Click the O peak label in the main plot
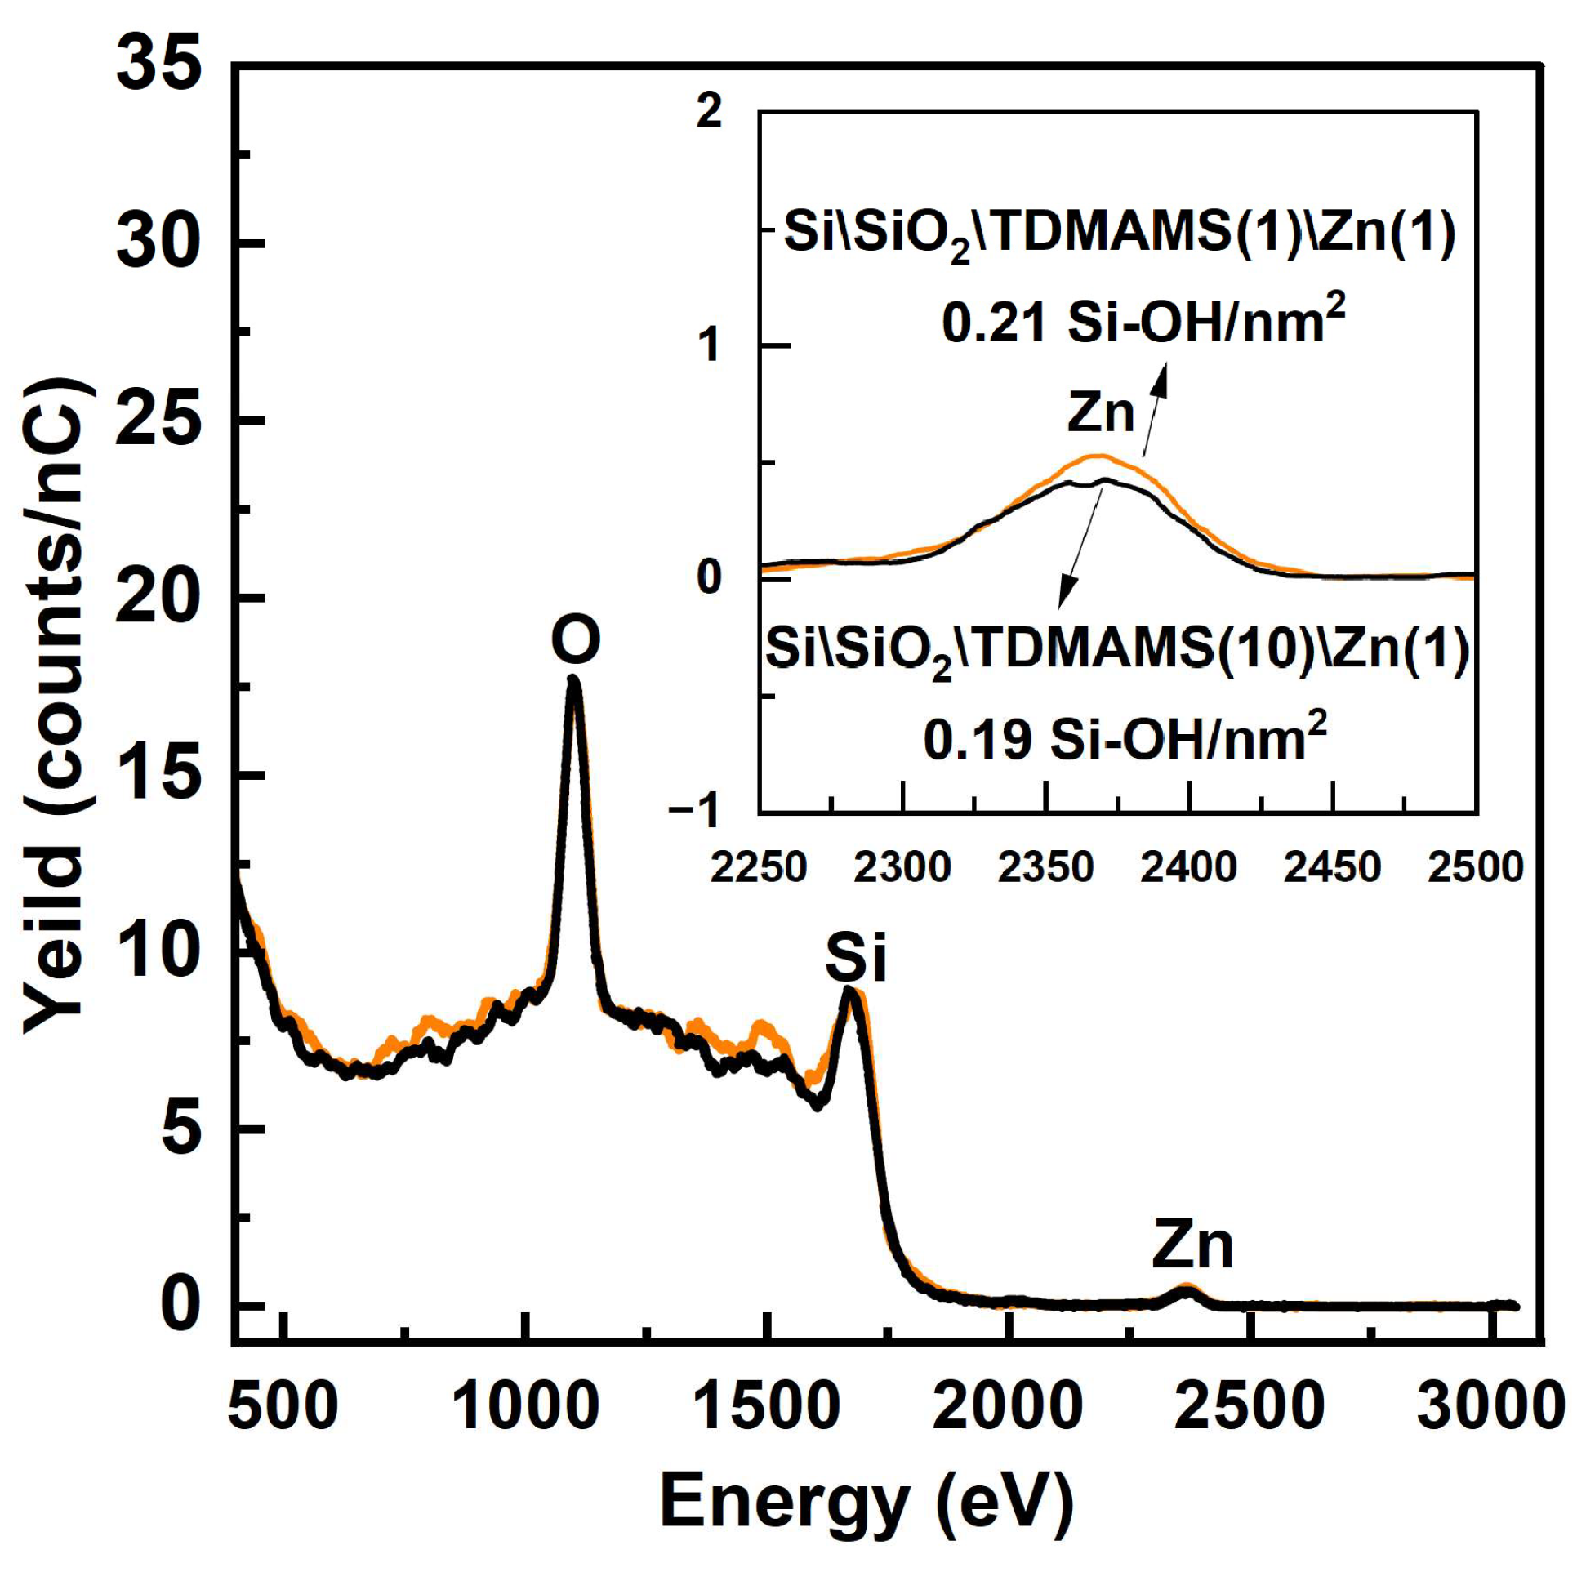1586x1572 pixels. point(576,639)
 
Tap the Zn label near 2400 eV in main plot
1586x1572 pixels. point(1192,1245)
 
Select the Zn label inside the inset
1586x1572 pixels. point(1100,413)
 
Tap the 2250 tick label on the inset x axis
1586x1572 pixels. point(759,868)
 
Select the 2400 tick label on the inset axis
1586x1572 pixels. point(1188,868)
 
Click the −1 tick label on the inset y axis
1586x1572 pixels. point(694,812)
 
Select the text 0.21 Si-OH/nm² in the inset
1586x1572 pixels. point(1143,323)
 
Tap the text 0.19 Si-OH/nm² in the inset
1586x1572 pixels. point(1125,738)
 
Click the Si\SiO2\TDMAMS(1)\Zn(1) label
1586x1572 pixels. point(1120,234)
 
